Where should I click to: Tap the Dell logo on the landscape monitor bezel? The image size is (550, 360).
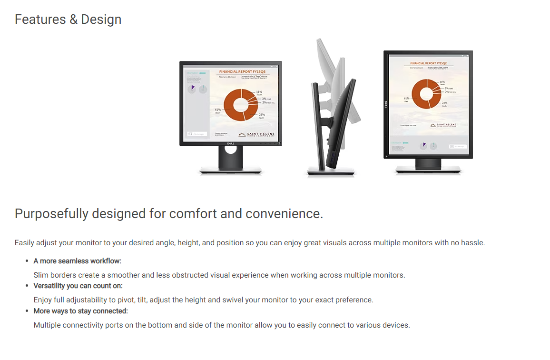click(x=230, y=142)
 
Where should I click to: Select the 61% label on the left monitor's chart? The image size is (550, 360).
click(x=218, y=110)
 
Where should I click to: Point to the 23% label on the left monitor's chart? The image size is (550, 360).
click(x=261, y=115)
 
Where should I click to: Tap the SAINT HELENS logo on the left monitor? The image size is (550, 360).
click(x=256, y=135)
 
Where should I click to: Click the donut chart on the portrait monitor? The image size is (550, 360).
click(x=426, y=93)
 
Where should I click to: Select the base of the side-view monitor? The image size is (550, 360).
click(x=331, y=171)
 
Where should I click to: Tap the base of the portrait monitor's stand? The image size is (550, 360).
click(x=428, y=169)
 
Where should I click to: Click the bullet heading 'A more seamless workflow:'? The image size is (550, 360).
click(x=78, y=261)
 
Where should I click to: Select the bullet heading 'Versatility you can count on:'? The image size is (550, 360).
click(x=78, y=286)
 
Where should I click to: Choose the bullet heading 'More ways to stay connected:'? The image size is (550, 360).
click(x=81, y=311)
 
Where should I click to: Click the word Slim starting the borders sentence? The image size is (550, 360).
click(x=42, y=275)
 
